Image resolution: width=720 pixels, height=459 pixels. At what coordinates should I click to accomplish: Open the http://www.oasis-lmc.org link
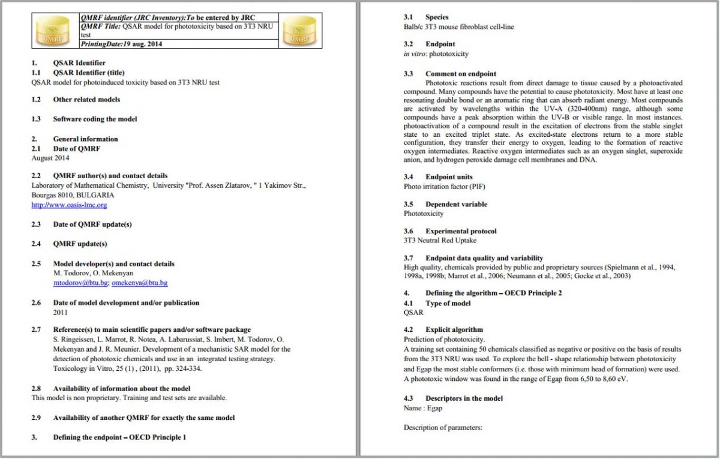pos(69,205)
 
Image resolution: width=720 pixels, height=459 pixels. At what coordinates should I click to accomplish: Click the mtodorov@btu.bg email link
pos(80,283)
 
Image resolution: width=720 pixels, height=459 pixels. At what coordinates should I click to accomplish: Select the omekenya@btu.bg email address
pos(140,283)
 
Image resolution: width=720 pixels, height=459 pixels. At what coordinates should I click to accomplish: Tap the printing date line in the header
pos(121,44)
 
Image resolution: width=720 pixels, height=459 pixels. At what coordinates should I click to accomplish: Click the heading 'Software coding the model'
pos(95,119)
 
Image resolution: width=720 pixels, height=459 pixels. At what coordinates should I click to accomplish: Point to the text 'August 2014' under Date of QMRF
pos(50,158)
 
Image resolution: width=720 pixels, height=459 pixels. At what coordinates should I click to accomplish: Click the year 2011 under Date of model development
pos(61,312)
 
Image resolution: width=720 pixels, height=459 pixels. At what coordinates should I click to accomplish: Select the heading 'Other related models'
pos(86,100)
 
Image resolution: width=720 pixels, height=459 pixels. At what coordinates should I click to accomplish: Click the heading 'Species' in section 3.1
pos(437,17)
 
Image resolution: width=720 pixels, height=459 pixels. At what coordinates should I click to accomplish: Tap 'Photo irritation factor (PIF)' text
pos(445,187)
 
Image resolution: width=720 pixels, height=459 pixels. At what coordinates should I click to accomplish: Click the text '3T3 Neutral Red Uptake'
pos(440,241)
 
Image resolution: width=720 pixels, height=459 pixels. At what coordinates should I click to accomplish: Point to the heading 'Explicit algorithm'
pos(454,329)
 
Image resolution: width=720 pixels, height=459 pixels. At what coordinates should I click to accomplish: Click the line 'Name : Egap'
pos(423,408)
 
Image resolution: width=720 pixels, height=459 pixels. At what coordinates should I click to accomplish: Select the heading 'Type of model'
pos(448,303)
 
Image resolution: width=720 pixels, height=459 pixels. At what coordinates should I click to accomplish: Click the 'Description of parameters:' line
pos(443,428)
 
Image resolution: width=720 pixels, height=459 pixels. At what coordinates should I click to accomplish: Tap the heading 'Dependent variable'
pos(456,204)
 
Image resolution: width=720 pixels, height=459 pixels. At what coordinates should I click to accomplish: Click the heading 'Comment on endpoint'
pos(461,74)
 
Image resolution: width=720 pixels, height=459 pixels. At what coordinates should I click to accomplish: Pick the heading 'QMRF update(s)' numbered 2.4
pos(80,244)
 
